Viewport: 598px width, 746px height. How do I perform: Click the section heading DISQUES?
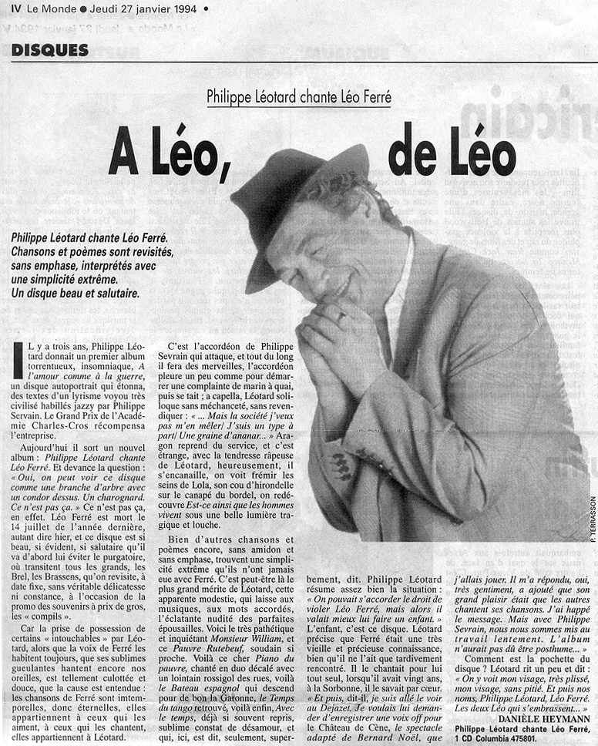[50, 50]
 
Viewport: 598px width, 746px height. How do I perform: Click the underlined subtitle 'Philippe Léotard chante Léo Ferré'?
[299, 98]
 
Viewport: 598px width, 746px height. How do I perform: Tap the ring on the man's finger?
[341, 316]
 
